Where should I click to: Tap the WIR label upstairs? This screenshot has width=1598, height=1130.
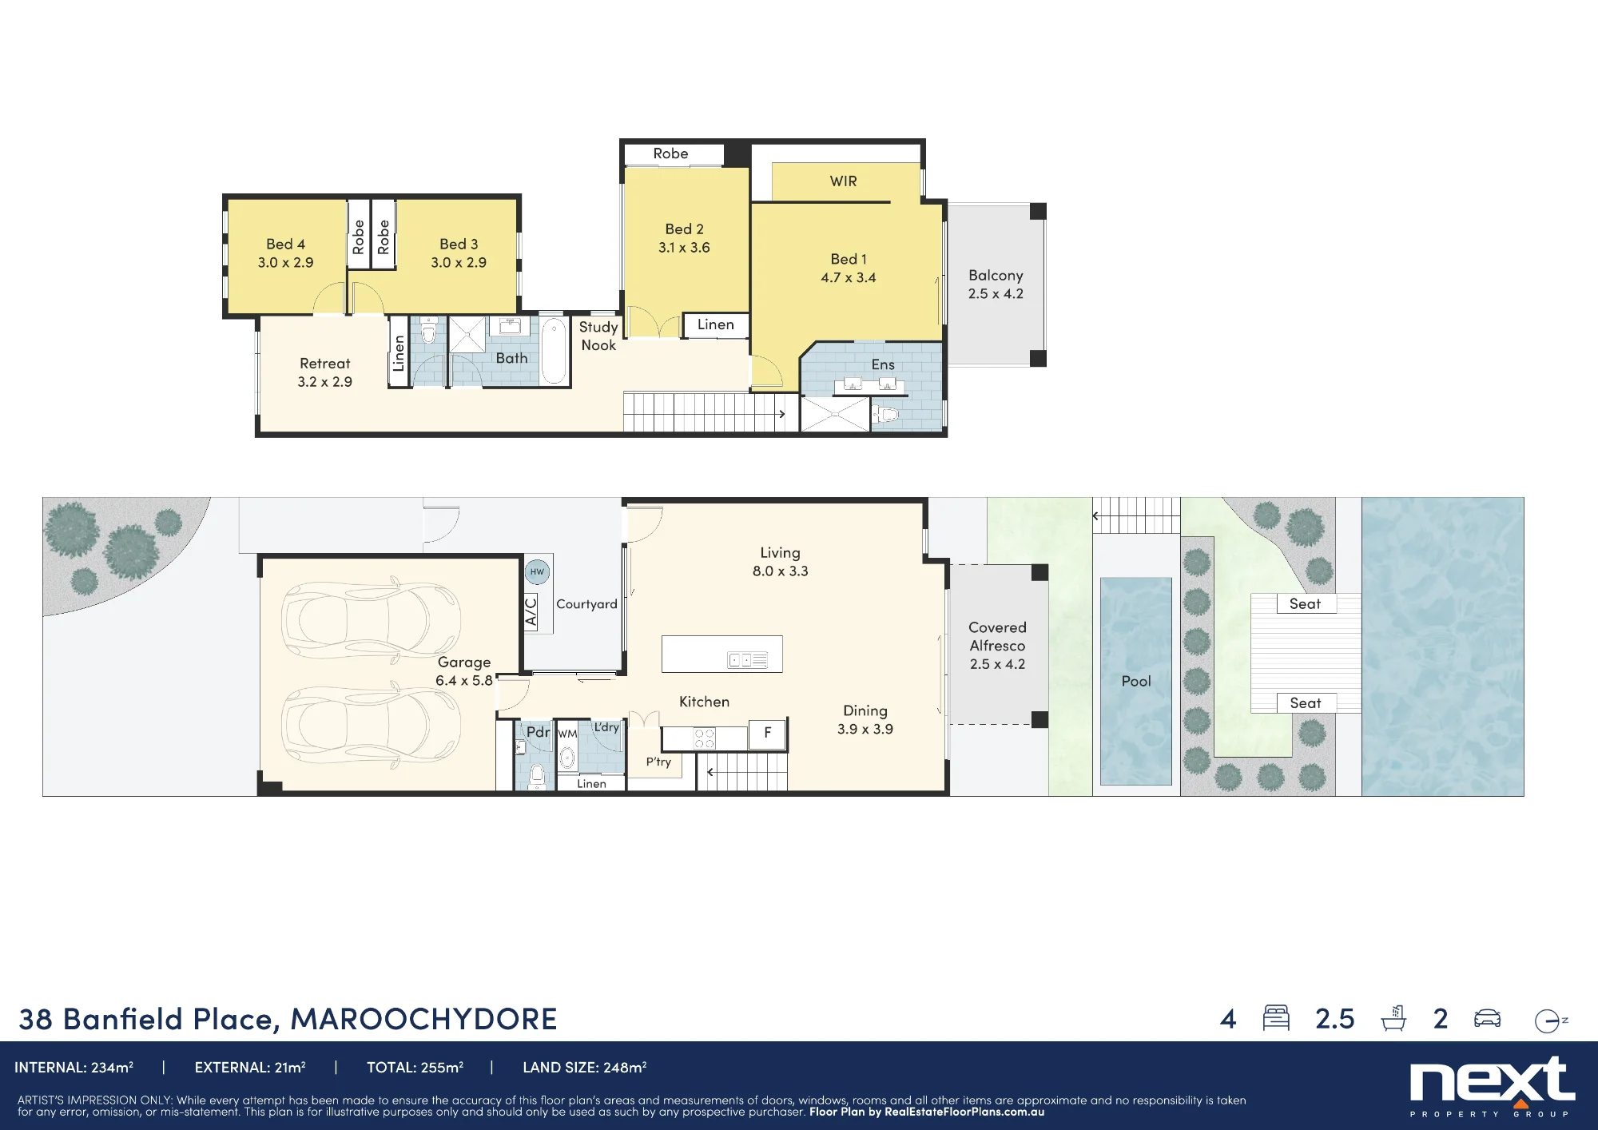click(x=843, y=181)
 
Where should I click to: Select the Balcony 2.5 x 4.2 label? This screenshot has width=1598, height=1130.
click(x=996, y=284)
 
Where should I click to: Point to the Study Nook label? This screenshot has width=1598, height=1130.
click(x=598, y=336)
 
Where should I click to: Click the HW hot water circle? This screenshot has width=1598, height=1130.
click(x=537, y=571)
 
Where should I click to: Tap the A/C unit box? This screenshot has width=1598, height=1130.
click(x=530, y=612)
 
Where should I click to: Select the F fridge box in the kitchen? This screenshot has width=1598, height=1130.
click(x=767, y=733)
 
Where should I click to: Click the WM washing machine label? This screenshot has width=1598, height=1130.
click(x=567, y=734)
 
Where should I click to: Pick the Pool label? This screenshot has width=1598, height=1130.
click(x=1136, y=682)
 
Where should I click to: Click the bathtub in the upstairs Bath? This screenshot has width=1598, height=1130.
click(x=554, y=351)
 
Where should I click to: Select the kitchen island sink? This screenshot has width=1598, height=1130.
click(x=747, y=660)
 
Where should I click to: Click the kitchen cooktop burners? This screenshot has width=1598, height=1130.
click(x=704, y=738)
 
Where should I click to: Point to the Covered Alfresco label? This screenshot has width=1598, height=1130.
click(x=997, y=646)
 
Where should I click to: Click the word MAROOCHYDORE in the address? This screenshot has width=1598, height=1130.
click(x=423, y=1019)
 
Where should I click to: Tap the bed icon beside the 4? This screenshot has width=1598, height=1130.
click(x=1276, y=1018)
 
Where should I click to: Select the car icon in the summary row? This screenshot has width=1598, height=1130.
click(x=1487, y=1018)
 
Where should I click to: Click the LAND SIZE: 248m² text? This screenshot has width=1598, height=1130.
click(x=584, y=1068)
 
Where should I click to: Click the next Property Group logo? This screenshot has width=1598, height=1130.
click(x=1492, y=1085)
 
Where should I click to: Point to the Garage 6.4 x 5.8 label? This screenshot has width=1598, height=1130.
click(x=463, y=671)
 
